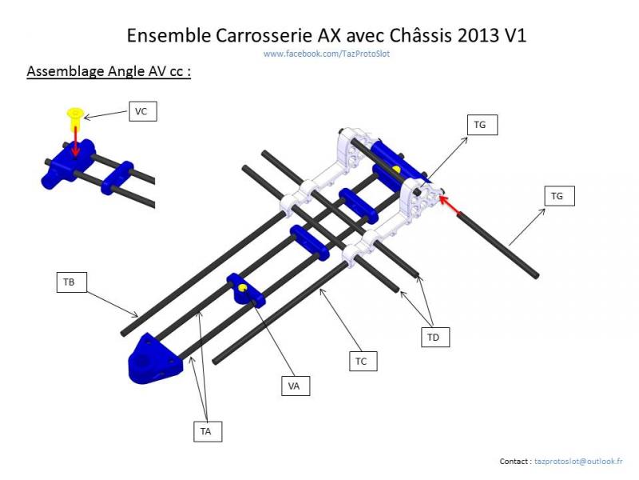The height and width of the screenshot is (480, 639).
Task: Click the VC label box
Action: [141, 111]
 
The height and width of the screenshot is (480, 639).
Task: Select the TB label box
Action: [69, 282]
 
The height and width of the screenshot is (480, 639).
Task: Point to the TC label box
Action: [361, 362]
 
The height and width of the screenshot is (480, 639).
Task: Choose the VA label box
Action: [294, 386]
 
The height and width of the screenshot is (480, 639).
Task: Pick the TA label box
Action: [206, 431]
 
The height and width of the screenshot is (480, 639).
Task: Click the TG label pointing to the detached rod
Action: [558, 195]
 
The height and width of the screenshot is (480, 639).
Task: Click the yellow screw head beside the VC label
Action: [75, 114]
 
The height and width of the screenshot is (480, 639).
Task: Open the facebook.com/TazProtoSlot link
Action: [327, 54]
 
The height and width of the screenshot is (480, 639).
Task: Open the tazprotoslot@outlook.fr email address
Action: [579, 462]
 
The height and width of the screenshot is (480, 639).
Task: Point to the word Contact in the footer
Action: [514, 462]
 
